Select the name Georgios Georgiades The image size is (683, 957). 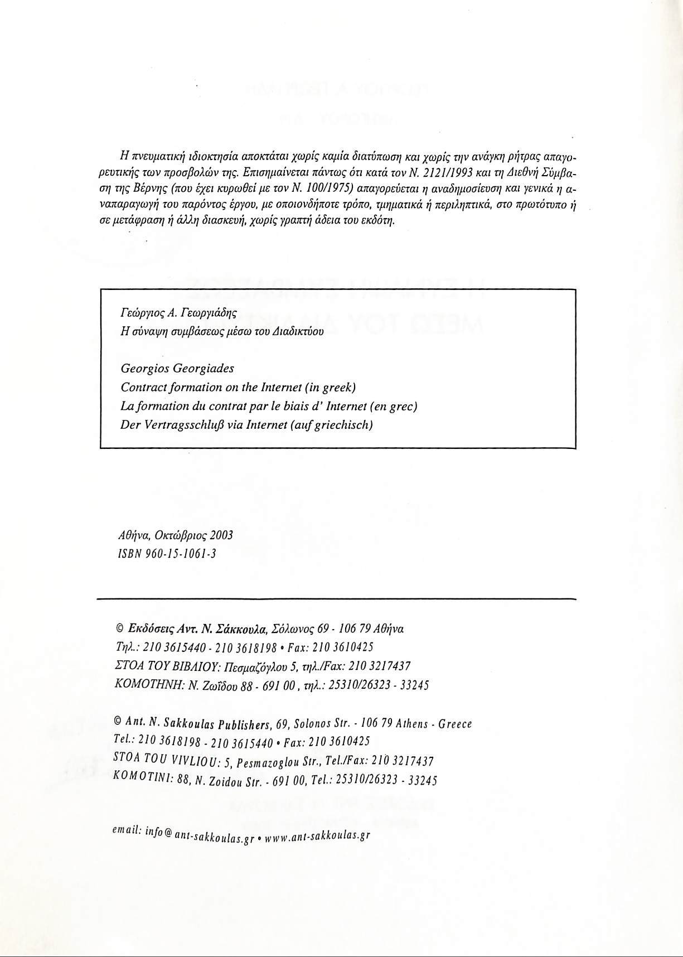[177, 369]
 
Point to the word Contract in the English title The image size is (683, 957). [140, 387]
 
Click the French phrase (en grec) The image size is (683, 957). [395, 406]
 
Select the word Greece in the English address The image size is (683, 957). [455, 724]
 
